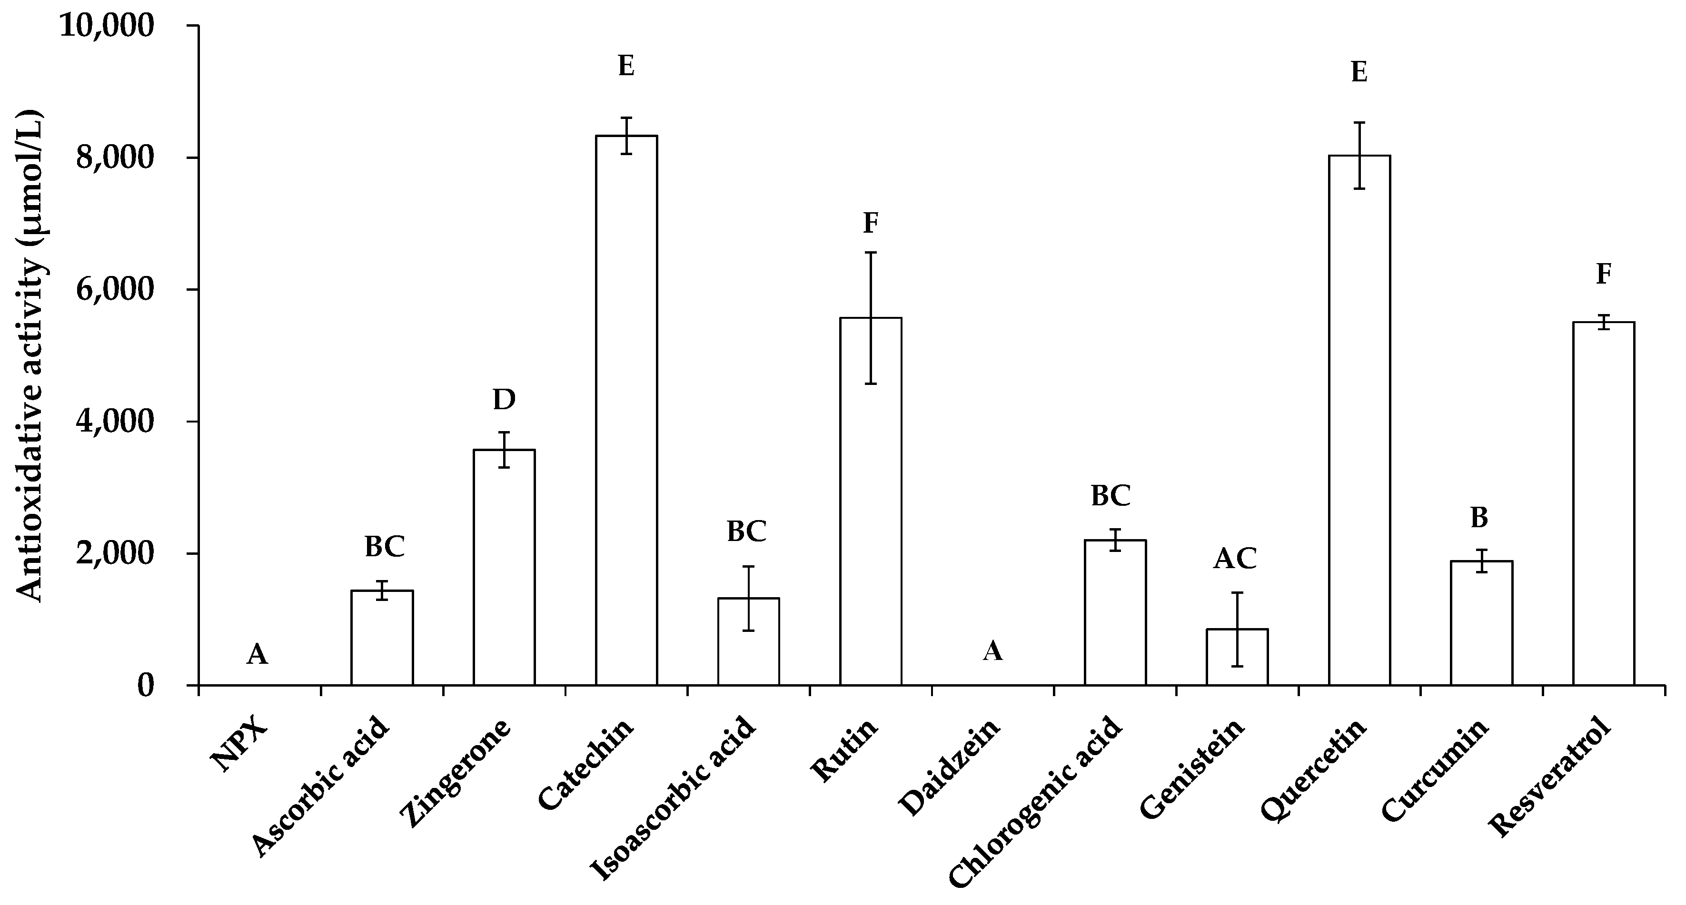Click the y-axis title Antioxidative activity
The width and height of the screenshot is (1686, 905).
(30, 357)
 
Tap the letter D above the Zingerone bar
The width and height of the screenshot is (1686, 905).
(504, 399)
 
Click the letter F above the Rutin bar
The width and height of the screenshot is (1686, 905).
(871, 223)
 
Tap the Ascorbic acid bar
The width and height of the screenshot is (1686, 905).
(382, 638)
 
